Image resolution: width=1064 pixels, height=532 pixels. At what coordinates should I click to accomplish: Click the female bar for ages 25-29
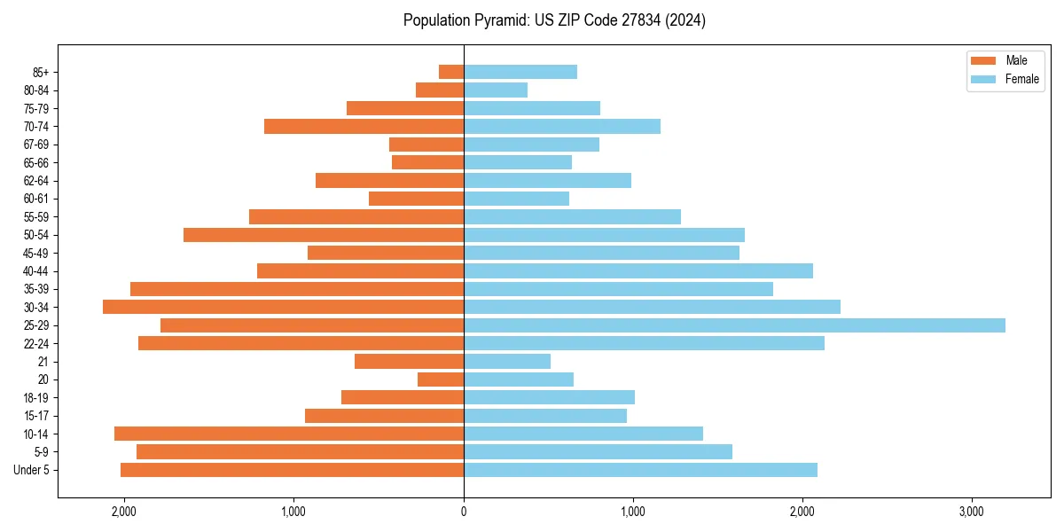[734, 325]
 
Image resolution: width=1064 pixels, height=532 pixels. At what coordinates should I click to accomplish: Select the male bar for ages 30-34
[284, 307]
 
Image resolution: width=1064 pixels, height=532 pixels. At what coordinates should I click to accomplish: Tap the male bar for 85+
[451, 72]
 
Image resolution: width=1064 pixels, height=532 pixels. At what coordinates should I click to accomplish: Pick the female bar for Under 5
[640, 470]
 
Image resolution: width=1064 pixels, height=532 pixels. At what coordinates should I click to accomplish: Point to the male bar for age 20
[441, 379]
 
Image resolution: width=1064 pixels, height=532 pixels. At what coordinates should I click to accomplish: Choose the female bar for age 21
[507, 361]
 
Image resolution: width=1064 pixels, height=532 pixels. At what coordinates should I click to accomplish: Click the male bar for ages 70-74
[364, 126]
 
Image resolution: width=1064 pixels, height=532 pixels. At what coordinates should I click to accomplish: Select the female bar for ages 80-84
[496, 90]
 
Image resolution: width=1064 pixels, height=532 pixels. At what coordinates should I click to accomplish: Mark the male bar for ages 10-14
[289, 434]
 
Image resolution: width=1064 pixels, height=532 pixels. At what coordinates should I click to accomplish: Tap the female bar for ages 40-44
[638, 270]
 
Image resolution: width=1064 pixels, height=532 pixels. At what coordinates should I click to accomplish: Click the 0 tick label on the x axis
[464, 510]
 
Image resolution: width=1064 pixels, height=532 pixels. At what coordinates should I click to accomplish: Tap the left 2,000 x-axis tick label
[124, 510]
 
